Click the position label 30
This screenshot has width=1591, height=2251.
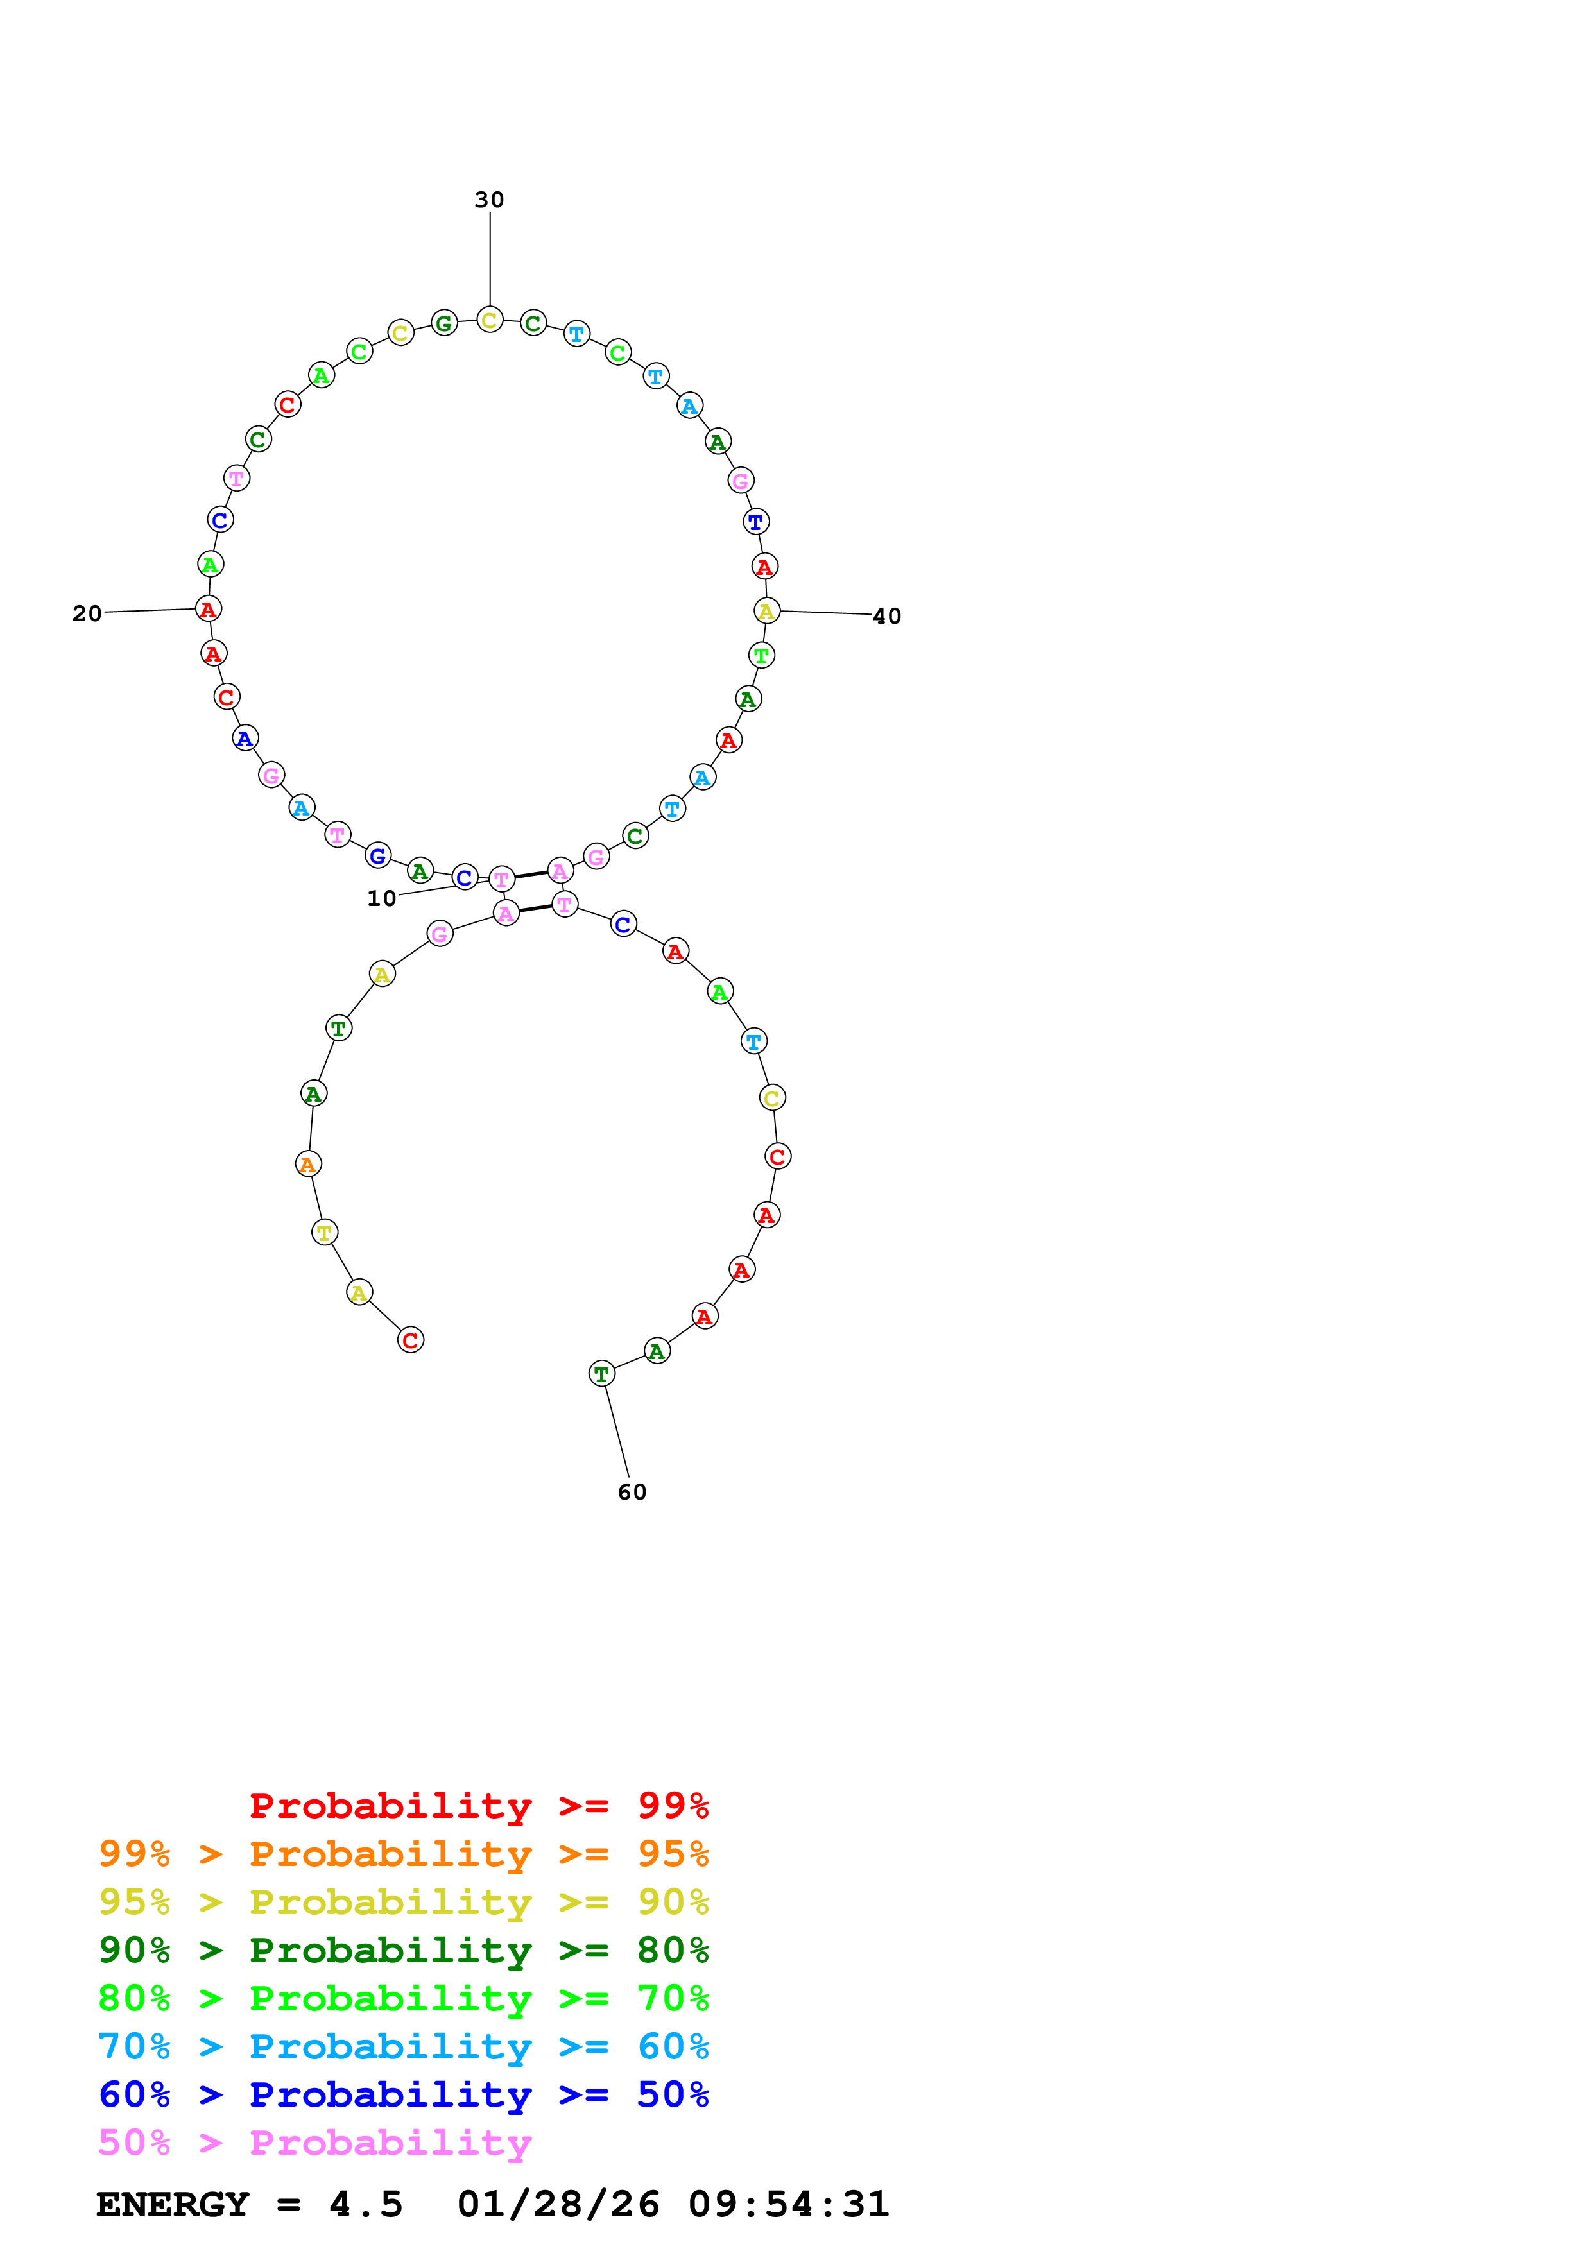489,200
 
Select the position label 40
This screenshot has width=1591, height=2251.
886,617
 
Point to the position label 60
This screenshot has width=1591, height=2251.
632,1492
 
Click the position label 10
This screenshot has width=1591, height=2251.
381,899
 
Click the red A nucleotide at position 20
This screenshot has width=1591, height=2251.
208,609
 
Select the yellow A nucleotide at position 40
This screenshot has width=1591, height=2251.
766,611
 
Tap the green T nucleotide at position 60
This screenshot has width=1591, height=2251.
601,1374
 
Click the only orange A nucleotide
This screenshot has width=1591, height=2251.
308,1164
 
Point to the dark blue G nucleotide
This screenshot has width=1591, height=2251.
377,856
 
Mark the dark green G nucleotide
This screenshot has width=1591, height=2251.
444,323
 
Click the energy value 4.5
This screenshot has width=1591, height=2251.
366,2204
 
